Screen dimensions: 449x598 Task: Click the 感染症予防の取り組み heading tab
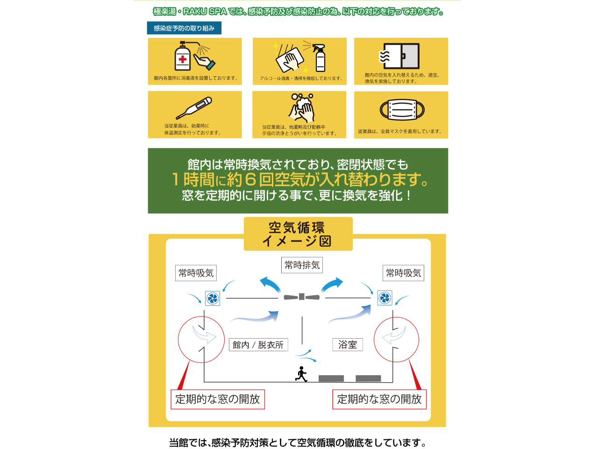click(184, 28)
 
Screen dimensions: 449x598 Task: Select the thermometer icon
click(194, 109)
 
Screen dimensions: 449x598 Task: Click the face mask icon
click(402, 110)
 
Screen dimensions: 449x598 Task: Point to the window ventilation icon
click(400, 56)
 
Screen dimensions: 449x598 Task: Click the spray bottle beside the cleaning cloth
click(320, 58)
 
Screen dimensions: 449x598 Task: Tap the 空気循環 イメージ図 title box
click(298, 234)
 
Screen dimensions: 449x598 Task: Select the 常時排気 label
click(302, 265)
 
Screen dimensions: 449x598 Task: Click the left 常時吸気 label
click(196, 273)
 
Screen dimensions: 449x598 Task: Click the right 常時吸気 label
click(404, 273)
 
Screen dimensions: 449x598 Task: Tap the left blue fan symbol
click(213, 298)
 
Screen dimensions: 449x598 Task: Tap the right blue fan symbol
click(384, 298)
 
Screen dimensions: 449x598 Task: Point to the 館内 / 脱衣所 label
click(258, 345)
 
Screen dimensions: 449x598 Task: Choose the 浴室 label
click(348, 345)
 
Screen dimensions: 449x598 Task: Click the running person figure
click(301, 374)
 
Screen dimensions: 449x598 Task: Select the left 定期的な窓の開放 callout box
click(218, 399)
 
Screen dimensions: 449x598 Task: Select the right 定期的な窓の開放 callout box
click(379, 399)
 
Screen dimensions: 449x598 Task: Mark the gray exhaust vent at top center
click(302, 297)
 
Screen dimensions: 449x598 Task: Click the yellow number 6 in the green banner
click(250, 180)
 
